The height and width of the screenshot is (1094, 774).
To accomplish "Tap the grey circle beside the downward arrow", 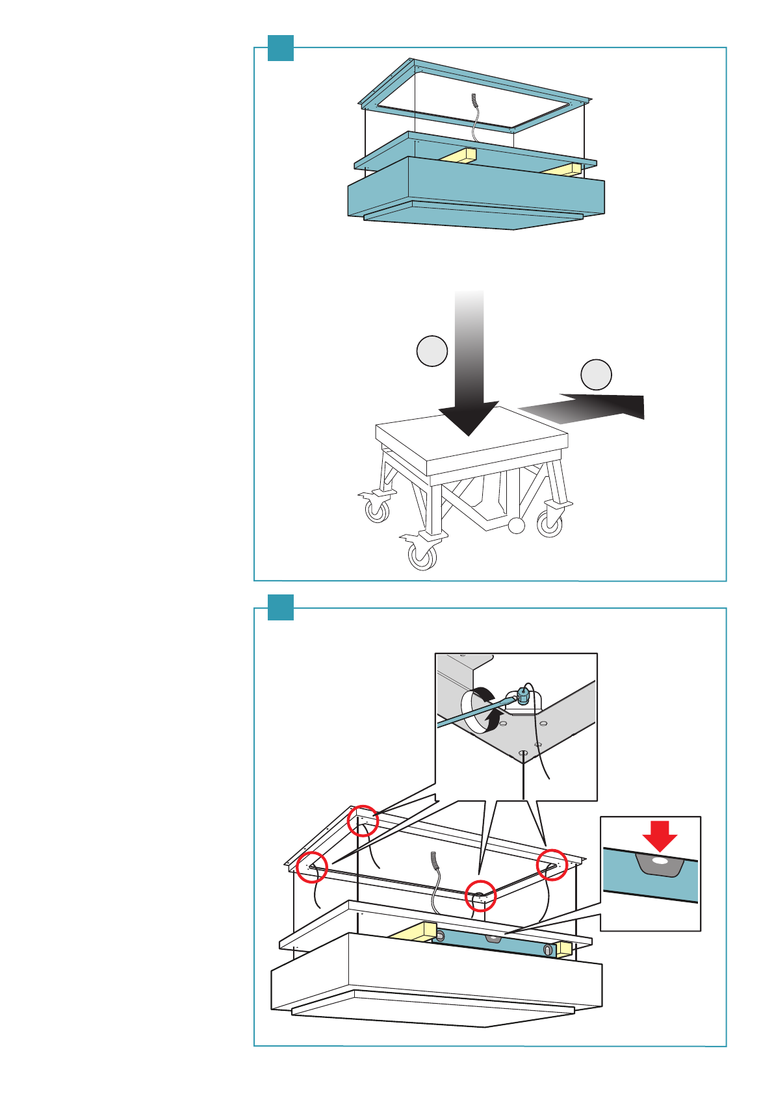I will [x=432, y=351].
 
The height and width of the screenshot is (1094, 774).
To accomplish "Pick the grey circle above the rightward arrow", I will [x=596, y=374].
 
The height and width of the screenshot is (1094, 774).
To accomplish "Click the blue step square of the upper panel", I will [x=281, y=48].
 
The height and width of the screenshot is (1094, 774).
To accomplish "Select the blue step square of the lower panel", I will [x=281, y=607].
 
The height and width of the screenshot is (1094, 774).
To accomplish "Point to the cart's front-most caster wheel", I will [x=422, y=556].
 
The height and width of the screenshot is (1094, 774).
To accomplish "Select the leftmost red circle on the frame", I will [x=312, y=867].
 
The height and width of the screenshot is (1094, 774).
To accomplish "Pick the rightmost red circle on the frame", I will [x=552, y=865].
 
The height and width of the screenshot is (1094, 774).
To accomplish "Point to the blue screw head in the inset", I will [x=523, y=697].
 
